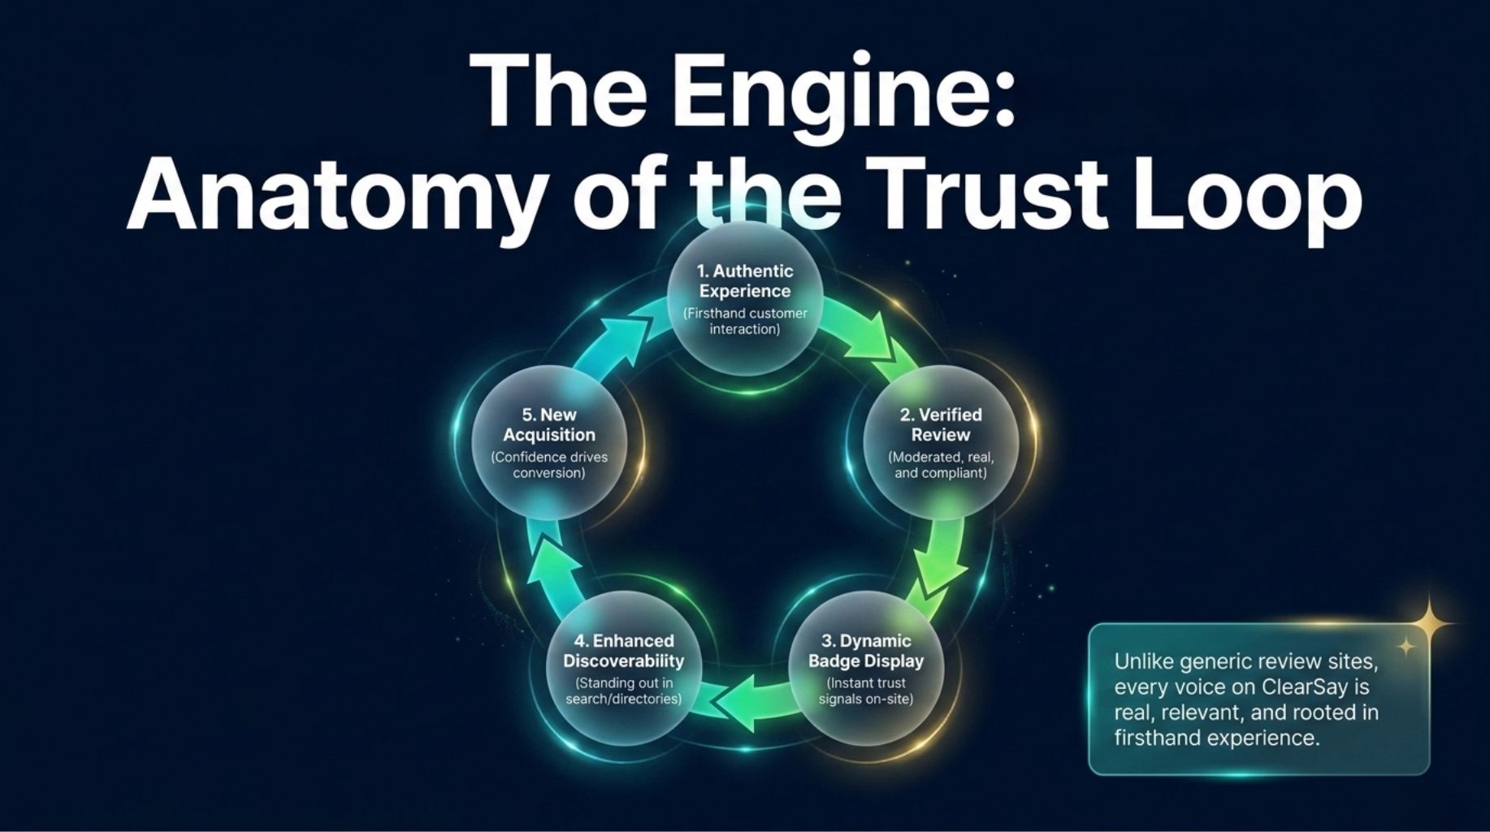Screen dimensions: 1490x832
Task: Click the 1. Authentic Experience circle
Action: point(745,299)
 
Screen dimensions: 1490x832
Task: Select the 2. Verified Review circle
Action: point(940,443)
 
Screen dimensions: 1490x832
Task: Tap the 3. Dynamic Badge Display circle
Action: point(865,669)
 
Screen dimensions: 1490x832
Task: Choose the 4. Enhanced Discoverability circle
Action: point(624,669)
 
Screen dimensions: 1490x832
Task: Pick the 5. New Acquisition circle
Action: point(549,443)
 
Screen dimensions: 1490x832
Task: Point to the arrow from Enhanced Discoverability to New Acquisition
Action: point(552,561)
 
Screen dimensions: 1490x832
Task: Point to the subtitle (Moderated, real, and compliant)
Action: point(941,465)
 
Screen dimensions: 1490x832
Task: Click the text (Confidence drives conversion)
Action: point(549,465)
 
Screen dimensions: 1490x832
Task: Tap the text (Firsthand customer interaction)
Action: point(745,321)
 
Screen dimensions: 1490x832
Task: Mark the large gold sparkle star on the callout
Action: point(1431,623)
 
